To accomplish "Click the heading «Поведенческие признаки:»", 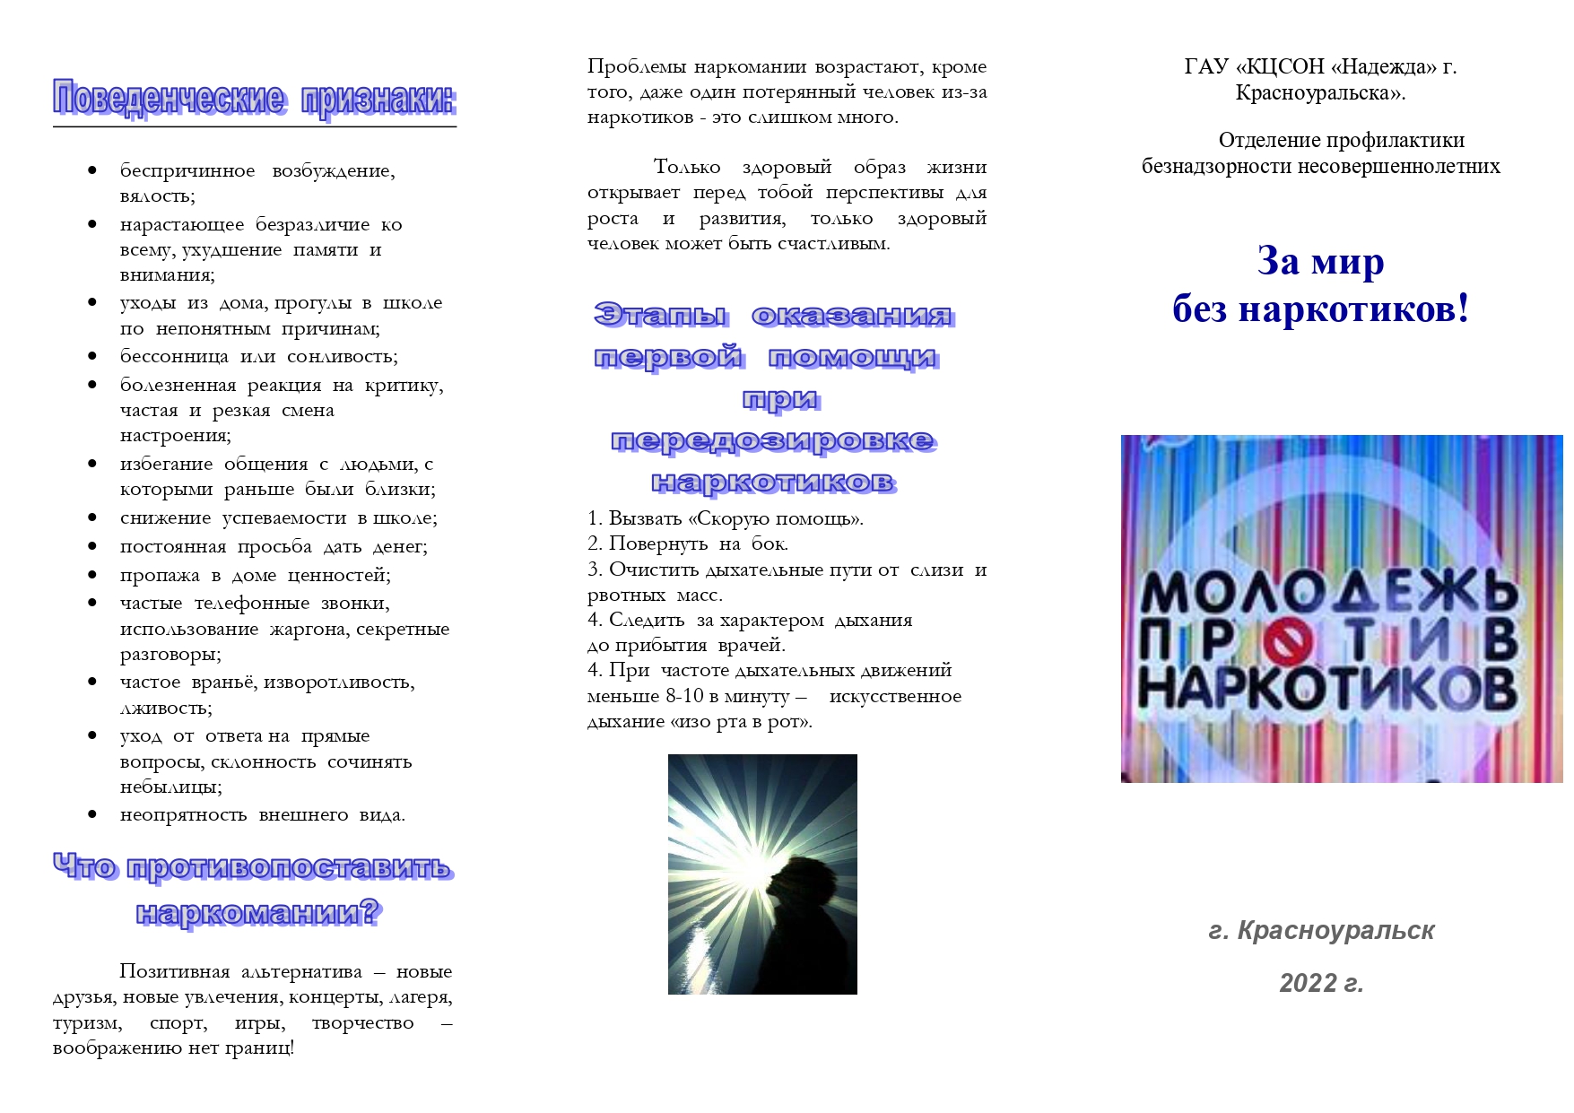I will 254,99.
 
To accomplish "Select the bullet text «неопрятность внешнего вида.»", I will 262,815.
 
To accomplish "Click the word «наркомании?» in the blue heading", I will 257,913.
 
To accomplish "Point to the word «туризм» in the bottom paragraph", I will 87,1023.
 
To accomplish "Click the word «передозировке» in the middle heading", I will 773,440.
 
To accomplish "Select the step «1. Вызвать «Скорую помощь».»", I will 725,518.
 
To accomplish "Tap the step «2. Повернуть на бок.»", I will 687,543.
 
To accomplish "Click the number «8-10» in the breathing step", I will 684,697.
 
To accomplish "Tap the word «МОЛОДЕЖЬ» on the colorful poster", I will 1328,592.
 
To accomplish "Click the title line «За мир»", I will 1320,262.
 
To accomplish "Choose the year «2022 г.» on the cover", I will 1321,984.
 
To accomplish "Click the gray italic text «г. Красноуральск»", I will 1321,931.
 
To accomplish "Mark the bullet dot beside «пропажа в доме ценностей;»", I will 92,575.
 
